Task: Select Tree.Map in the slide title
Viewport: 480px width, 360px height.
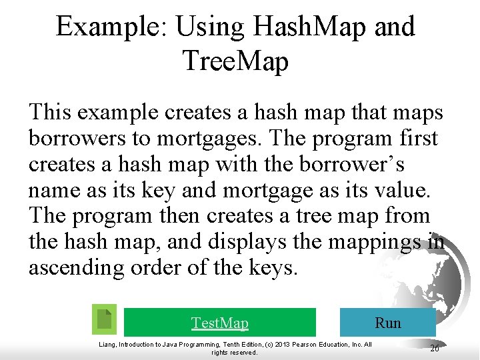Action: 235,61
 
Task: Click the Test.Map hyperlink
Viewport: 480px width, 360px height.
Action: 219,323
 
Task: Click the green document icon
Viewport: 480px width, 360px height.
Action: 104,320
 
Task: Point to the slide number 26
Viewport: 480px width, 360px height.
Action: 434,348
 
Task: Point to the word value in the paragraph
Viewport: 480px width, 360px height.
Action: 405,190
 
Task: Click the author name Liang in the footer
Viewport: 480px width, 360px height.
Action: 109,344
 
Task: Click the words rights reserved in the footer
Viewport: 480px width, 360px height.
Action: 234,352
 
